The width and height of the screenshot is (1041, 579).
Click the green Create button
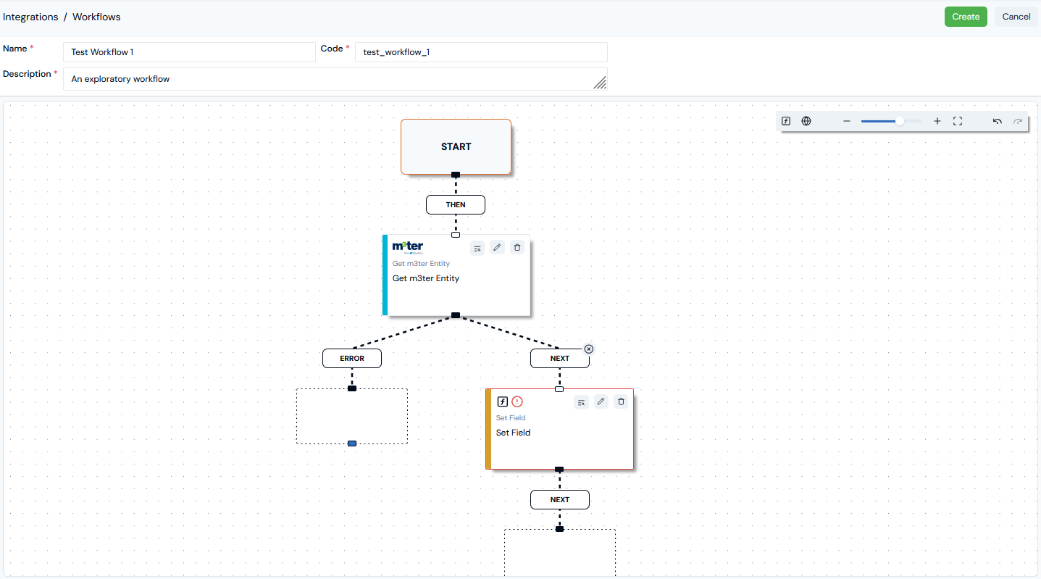click(965, 17)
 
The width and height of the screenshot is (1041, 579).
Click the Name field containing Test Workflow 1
click(189, 52)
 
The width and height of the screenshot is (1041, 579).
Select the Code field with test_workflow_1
click(481, 52)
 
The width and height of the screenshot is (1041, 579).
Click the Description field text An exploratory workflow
click(120, 79)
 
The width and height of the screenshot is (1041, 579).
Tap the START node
click(456, 146)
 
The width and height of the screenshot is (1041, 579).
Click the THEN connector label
click(456, 204)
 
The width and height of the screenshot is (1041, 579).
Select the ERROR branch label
click(352, 359)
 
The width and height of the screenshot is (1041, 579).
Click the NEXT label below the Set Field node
click(559, 499)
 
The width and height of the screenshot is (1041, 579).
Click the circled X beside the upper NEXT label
click(589, 349)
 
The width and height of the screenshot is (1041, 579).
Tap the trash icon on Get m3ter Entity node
click(517, 247)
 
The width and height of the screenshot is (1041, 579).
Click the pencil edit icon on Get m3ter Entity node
click(497, 247)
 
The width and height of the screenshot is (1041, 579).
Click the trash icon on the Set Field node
click(621, 401)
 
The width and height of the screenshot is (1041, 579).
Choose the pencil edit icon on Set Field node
click(601, 401)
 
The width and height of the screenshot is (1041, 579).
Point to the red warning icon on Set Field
click(517, 401)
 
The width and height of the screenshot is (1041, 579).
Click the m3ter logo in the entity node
click(408, 247)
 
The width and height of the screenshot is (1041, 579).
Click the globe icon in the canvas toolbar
click(806, 122)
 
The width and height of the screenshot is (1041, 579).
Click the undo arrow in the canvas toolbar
click(998, 122)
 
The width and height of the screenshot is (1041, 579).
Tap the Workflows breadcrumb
click(96, 17)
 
